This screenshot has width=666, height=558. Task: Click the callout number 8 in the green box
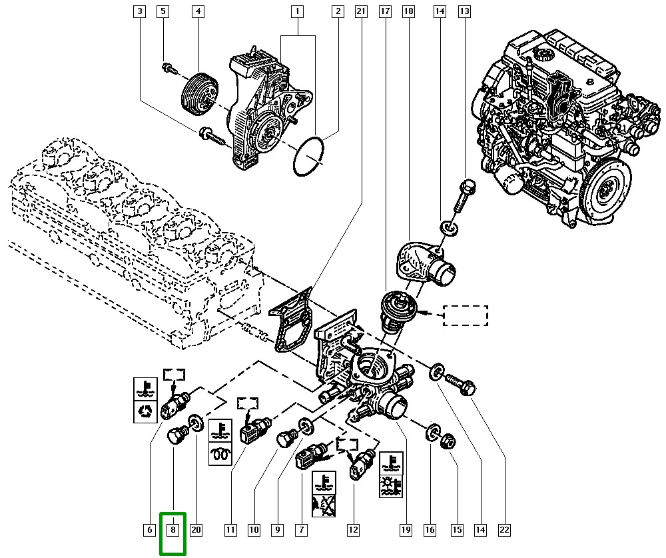coord(172,530)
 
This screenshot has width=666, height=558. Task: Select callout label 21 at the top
coord(361,11)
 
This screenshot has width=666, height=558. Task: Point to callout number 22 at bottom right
coord(504,530)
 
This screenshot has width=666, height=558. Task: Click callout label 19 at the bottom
coord(404,530)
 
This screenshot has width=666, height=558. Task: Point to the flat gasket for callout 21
coord(290,320)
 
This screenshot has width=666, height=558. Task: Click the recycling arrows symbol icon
coord(145,412)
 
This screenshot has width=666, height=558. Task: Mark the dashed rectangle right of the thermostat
coord(466,315)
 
